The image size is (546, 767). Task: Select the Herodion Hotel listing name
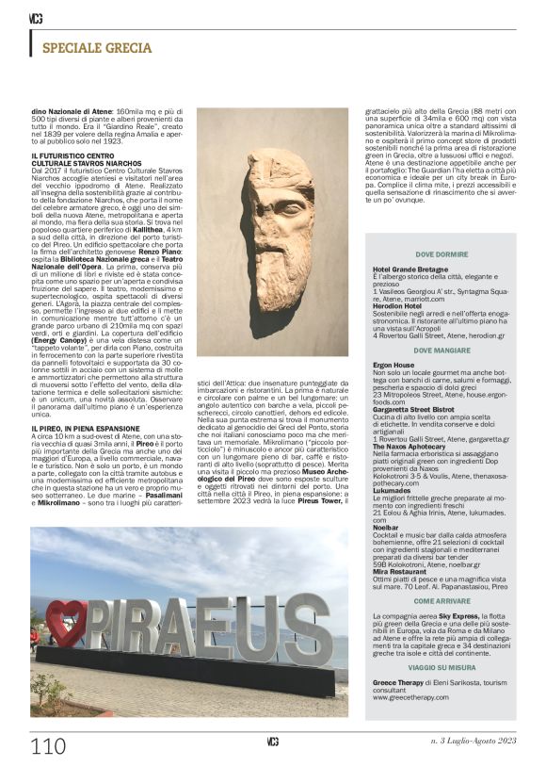[x=398, y=305]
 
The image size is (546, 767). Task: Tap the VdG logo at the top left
[x=35, y=19]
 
